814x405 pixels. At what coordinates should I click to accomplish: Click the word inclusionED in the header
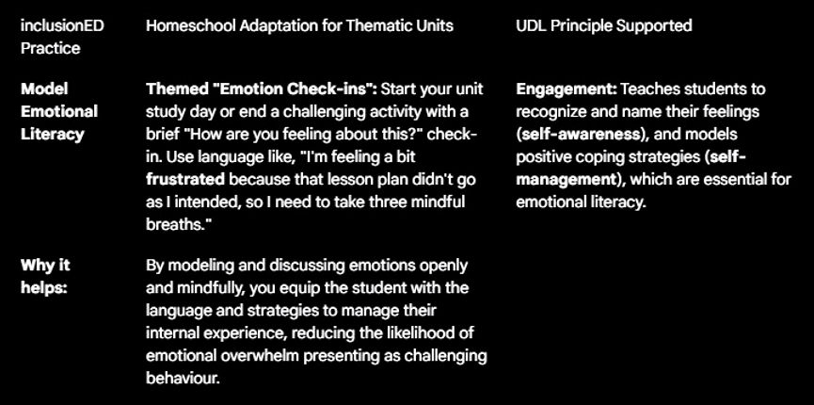(62, 25)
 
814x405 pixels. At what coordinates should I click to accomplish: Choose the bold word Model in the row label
(43, 89)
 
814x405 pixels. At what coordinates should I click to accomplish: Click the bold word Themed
(176, 89)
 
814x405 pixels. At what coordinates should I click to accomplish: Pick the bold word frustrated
(185, 179)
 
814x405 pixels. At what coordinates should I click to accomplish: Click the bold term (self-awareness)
(578, 134)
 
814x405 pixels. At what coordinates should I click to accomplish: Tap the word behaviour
(183, 378)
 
